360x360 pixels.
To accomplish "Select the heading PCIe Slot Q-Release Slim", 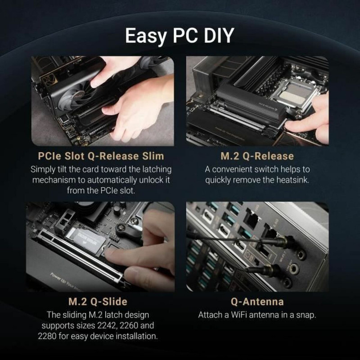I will point(100,156).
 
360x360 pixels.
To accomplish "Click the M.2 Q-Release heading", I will point(257,156).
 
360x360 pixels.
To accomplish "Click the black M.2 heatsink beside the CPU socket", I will point(247,106).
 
